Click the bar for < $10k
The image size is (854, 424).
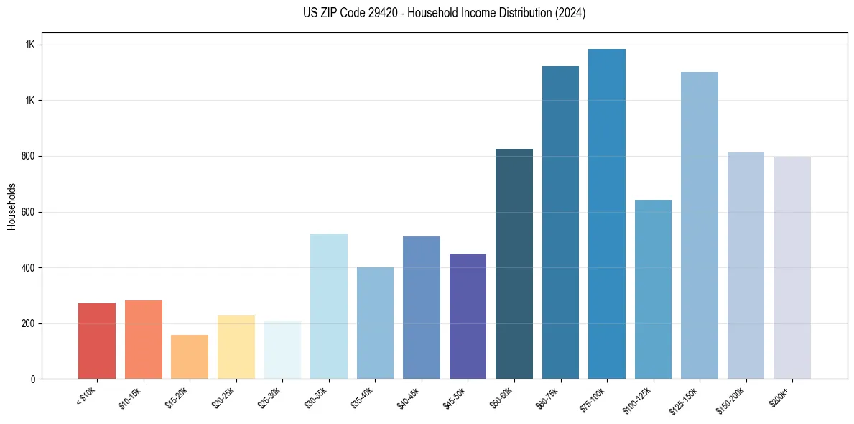click(x=97, y=341)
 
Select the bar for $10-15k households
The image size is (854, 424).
click(x=143, y=340)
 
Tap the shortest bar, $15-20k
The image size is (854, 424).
click(x=190, y=357)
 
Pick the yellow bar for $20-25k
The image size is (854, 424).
click(x=236, y=347)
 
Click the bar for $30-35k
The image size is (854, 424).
click(x=328, y=306)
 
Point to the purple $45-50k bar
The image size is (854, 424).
click(x=468, y=316)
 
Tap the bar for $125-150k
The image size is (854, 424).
click(x=700, y=226)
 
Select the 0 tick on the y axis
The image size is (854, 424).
click(x=32, y=379)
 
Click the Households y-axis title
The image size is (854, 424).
click(x=11, y=206)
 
